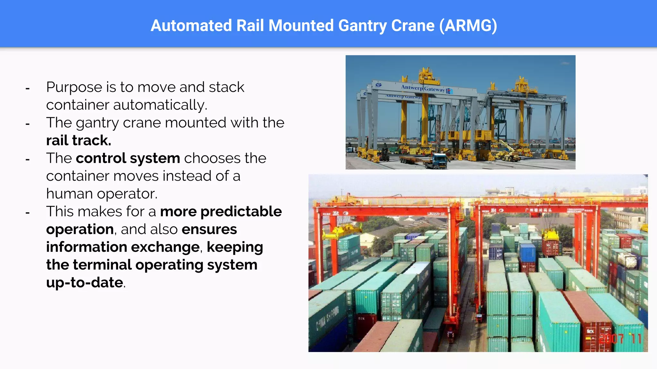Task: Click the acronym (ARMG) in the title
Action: (468, 26)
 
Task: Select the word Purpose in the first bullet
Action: (74, 87)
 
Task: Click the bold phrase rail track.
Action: (79, 140)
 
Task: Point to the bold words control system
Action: (128, 158)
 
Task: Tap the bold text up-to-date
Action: (85, 283)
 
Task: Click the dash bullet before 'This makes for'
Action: (28, 212)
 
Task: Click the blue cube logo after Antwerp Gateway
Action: (449, 91)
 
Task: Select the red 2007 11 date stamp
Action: (620, 339)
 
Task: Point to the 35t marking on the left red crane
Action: (336, 213)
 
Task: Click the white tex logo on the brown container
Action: (590, 331)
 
